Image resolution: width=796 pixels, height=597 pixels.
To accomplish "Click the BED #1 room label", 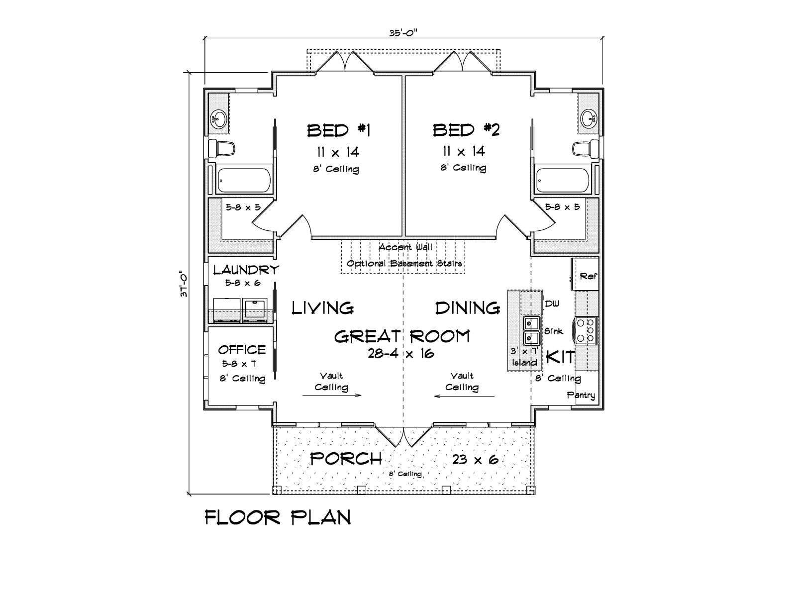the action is coord(339,130).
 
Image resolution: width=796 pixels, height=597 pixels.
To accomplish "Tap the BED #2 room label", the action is coord(466,130).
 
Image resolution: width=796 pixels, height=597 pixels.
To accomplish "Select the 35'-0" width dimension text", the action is coord(403,33).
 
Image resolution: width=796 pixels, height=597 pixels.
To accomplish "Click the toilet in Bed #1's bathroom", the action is coord(221,148).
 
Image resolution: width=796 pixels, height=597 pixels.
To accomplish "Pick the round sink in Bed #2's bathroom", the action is coord(588,118).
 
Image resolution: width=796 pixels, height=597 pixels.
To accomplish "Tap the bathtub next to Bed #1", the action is coord(244,180).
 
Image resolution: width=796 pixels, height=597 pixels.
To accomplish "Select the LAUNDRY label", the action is coord(246,270).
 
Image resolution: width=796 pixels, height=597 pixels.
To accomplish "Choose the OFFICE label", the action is coord(242,350).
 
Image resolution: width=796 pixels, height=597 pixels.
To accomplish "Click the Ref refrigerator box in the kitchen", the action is coord(585,274).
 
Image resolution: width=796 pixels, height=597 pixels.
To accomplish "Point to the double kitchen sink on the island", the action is coord(531,330).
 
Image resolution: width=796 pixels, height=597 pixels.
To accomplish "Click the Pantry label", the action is coord(581,395).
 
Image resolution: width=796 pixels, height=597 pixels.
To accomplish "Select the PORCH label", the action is coord(346,459).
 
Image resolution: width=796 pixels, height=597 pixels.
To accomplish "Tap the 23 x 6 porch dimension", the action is coord(475,460).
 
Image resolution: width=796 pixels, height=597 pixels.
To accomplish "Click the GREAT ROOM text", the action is coord(402,336).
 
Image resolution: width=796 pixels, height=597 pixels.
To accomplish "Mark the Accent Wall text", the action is coord(405,247).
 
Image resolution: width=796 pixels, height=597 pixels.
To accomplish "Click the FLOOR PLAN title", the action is coord(278,517).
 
